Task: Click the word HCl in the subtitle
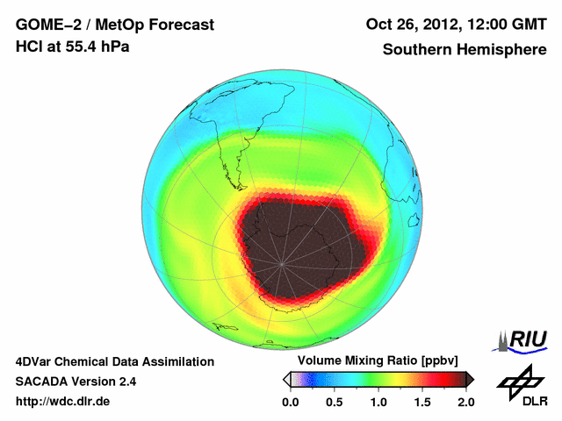[28, 46]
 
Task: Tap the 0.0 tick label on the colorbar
[290, 402]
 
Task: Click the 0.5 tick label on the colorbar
[334, 402]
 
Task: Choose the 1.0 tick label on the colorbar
[378, 402]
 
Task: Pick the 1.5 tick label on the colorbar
[421, 402]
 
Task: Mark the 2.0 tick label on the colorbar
[465, 402]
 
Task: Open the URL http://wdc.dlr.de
[63, 402]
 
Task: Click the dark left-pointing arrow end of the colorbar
[286, 379]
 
